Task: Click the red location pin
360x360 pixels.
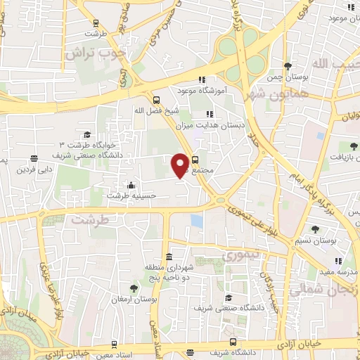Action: pyautogui.click(x=181, y=165)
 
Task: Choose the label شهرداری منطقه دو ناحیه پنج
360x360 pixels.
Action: pyautogui.click(x=168, y=274)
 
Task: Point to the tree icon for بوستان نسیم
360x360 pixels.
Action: pyautogui.click(x=314, y=229)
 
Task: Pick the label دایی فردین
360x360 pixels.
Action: pyautogui.click(x=35, y=170)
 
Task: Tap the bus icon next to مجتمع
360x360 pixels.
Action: pyautogui.click(x=195, y=159)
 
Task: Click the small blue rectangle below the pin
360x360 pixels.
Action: pyautogui.click(x=197, y=221)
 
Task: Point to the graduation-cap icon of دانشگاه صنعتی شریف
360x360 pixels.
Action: pyautogui.click(x=227, y=298)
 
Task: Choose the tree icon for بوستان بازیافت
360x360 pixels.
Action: pyautogui.click(x=353, y=146)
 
